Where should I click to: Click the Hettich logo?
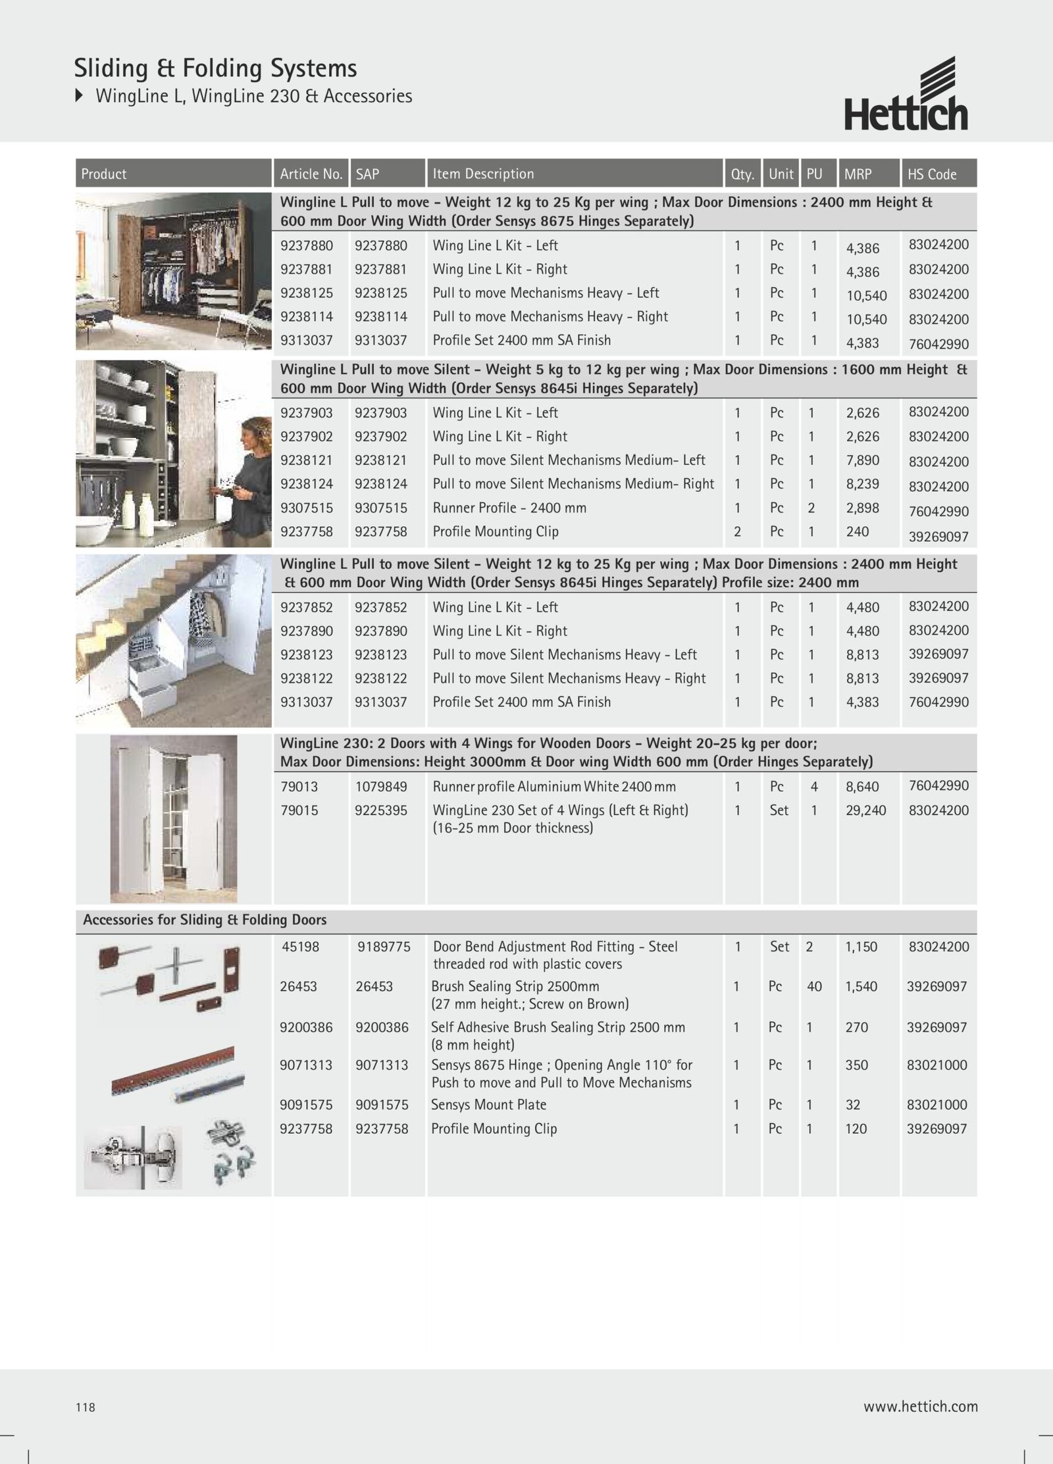906,95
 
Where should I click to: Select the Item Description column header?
483,174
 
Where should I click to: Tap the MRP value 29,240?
865,810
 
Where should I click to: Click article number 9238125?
306,293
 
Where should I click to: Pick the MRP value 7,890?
862,460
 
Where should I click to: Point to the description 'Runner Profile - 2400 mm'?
509,508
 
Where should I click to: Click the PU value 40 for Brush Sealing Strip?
814,987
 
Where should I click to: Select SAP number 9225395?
380,810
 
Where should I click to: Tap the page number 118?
86,1407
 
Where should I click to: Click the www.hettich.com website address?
920,1407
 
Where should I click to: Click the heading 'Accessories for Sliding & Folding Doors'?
205,920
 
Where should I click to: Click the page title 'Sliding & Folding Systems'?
215,68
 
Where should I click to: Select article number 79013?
299,787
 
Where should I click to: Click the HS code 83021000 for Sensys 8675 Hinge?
937,1065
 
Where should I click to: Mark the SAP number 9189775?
383,947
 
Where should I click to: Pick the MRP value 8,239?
862,484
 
